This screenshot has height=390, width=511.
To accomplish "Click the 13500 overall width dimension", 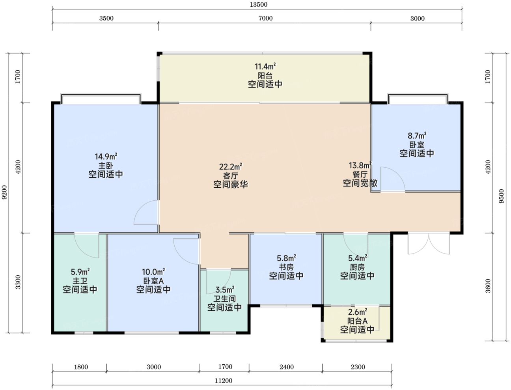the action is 258,5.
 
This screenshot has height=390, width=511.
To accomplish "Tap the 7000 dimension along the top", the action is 265,18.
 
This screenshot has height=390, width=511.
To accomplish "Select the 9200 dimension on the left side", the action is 4,192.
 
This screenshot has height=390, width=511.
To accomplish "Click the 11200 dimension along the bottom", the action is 223,381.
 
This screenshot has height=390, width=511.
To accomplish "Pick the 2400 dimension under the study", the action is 286,367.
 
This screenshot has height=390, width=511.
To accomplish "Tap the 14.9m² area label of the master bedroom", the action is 106,157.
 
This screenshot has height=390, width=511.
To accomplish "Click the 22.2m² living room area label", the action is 231,167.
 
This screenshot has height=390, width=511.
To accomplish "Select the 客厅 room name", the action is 231,175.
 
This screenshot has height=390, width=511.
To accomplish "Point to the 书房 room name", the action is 286,267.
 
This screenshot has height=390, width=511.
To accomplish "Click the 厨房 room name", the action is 357,267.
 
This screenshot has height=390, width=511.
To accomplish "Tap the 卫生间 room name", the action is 225,299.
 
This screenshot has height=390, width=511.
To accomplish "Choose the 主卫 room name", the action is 80,281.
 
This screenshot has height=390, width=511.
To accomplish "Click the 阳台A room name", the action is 357,321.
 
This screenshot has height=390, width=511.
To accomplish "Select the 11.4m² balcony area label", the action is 265,67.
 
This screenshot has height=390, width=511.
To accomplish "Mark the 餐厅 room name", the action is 360,174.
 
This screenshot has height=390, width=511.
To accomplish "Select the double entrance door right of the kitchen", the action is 429,244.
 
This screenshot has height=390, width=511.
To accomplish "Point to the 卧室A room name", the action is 153,281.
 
